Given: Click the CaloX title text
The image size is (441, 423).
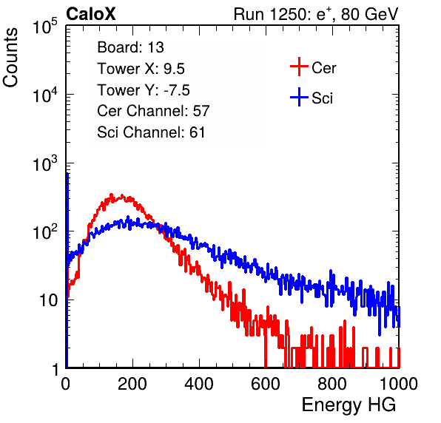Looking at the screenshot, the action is click(91, 14).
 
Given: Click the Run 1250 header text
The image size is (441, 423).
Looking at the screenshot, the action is click(316, 14).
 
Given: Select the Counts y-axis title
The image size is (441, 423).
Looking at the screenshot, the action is click(10, 58).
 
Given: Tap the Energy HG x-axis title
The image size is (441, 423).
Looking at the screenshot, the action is click(349, 405).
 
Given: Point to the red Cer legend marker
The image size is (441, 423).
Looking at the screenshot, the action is click(299, 67).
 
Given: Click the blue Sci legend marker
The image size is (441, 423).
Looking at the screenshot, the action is click(299, 97).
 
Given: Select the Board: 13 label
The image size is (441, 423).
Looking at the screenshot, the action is click(130, 47).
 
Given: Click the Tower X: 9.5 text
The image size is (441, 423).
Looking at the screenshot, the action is click(141, 69).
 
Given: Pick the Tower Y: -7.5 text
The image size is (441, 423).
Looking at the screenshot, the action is click(144, 90).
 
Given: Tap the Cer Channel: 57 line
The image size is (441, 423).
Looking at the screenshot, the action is click(153, 111).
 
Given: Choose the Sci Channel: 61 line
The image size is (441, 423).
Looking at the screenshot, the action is click(151, 132).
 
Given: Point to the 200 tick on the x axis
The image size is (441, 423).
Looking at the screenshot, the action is click(132, 384).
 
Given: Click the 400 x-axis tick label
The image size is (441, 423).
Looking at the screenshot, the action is click(199, 384).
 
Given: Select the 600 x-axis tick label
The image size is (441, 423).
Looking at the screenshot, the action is click(266, 384).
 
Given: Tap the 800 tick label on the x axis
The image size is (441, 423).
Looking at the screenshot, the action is click(332, 384).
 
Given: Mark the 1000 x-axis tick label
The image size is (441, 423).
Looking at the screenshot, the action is click(399, 384).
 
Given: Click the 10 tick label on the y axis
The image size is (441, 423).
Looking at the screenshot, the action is click(48, 300).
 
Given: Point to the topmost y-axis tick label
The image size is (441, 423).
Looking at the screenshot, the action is click(45, 27).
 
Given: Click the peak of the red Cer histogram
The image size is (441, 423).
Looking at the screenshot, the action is click(111, 194).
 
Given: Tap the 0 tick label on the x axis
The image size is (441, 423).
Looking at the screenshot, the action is click(65, 384).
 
